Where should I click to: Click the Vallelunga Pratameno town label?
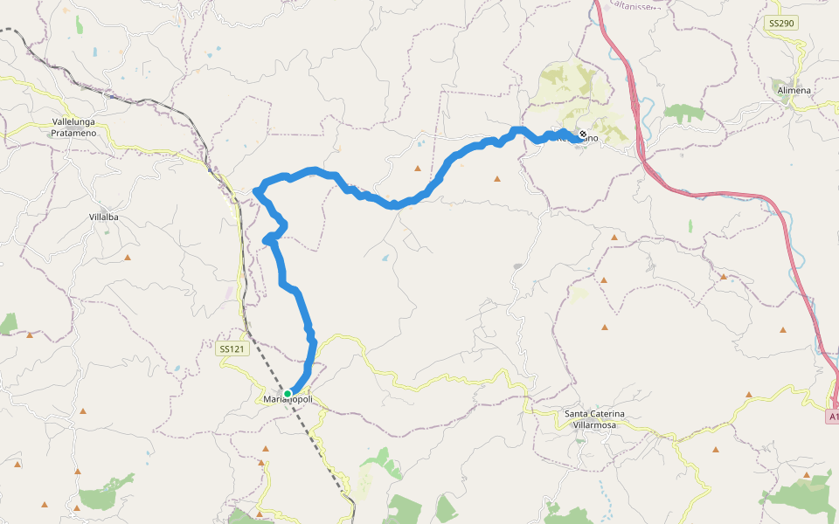click(74, 128)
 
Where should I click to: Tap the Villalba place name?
click(104, 216)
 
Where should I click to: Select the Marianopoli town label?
click(288, 401)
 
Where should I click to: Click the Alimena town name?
click(793, 90)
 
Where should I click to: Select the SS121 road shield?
click(231, 348)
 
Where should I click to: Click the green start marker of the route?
click(288, 394)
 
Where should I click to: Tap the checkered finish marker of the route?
click(583, 134)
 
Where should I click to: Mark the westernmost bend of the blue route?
click(255, 190)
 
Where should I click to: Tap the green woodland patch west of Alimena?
click(683, 113)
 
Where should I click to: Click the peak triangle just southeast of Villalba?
click(128, 258)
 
